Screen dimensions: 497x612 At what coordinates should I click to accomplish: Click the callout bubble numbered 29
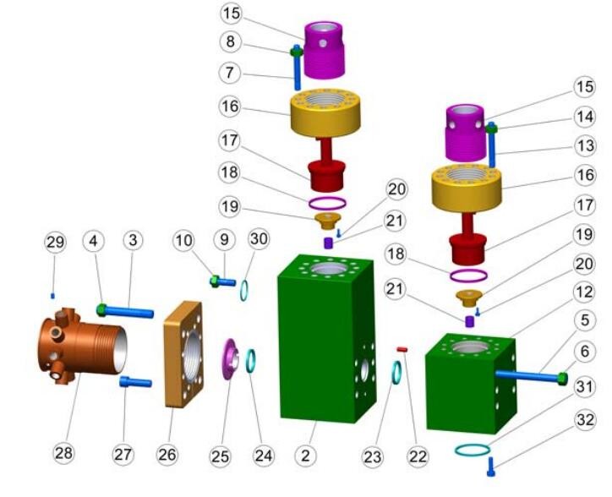[x=55, y=242]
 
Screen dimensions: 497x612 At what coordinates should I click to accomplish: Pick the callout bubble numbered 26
[x=167, y=455]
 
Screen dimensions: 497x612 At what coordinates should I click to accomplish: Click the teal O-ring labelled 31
[x=477, y=449]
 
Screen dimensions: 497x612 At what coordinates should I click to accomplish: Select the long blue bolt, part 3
[x=131, y=313]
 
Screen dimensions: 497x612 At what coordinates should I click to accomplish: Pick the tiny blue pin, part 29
[x=54, y=295]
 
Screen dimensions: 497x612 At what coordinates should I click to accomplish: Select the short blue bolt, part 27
[x=135, y=382]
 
